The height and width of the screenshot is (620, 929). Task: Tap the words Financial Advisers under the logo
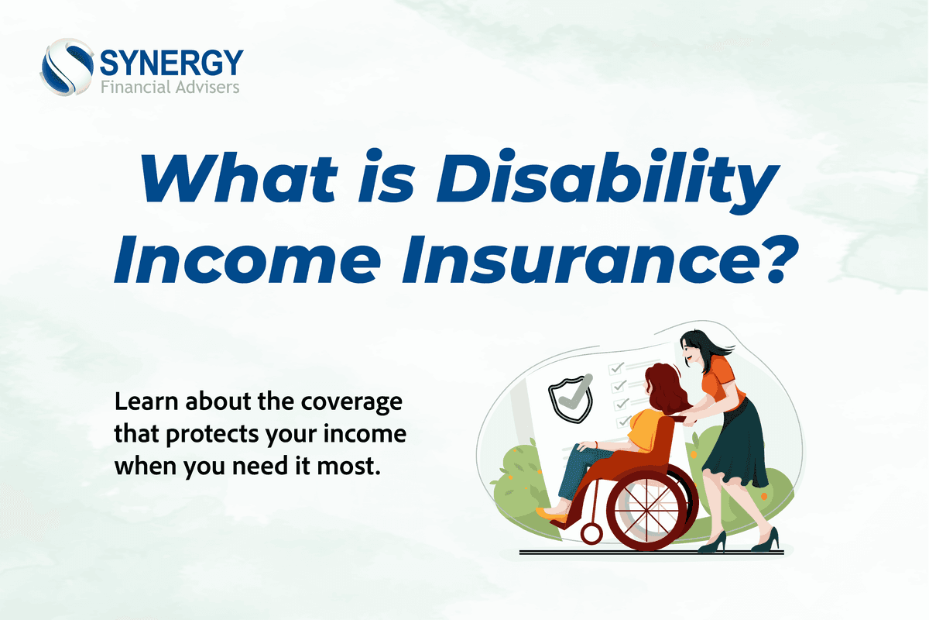(170, 86)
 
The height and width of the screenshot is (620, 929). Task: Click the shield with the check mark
(571, 397)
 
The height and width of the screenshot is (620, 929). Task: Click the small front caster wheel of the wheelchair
(592, 533)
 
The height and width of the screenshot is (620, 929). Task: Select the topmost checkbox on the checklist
(616, 367)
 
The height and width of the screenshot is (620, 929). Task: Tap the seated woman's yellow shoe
(552, 513)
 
